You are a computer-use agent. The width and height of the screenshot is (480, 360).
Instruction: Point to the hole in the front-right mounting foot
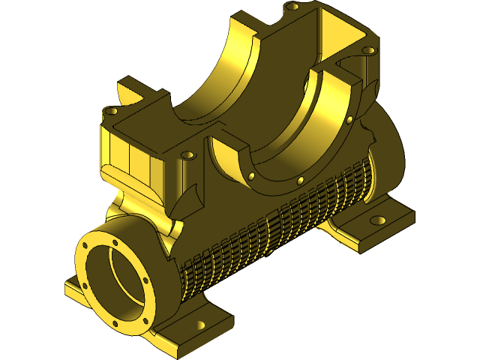tap(200, 325)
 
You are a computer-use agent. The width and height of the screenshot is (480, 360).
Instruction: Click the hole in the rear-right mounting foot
tap(378, 220)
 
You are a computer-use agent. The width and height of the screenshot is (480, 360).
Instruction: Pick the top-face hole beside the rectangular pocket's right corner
tap(367, 51)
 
